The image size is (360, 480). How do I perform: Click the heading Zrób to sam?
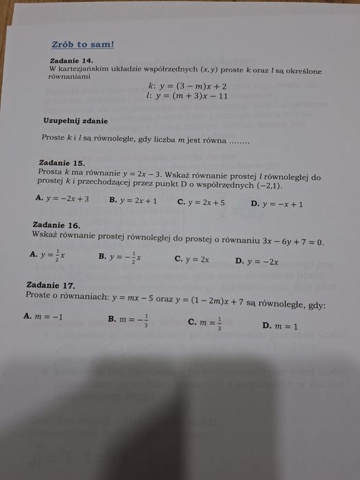pyautogui.click(x=82, y=45)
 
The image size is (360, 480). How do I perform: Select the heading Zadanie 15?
pyautogui.click(x=62, y=163)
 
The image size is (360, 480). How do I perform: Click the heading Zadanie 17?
pyautogui.click(x=49, y=285)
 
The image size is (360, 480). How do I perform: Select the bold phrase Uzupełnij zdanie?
pyautogui.click(x=75, y=121)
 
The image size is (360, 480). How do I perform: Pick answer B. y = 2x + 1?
pyautogui.click(x=133, y=201)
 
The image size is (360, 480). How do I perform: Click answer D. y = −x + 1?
pyautogui.click(x=276, y=204)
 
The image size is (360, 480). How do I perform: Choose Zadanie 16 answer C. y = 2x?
pyautogui.click(x=191, y=259)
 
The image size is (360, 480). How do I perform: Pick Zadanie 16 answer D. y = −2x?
pyautogui.click(x=256, y=261)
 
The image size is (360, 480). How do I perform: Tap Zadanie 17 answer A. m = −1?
pyautogui.click(x=43, y=317)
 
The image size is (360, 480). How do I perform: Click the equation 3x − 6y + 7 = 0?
pyautogui.click(x=287, y=242)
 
